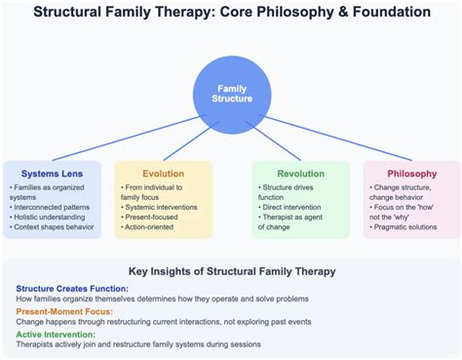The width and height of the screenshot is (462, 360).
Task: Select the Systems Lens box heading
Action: [47, 173]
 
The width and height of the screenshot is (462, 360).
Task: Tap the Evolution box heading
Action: [163, 173]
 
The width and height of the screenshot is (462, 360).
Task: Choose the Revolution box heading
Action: [300, 173]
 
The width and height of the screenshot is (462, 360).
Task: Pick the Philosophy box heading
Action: [411, 173]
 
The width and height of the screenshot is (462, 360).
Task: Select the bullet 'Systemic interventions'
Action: [161, 206]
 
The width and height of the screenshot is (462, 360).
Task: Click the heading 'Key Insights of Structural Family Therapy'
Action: [231, 270]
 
